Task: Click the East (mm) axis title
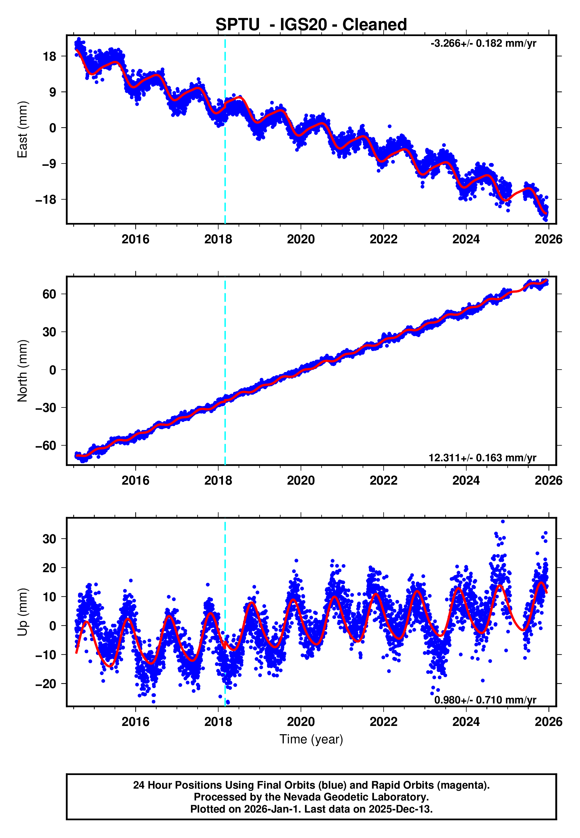pos(22,129)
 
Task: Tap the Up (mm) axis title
pos(22,612)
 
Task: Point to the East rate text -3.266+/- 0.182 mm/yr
pos(483,43)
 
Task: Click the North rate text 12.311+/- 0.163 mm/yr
pos(482,458)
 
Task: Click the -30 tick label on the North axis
pos(46,408)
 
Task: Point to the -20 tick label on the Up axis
pos(46,684)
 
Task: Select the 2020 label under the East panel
pos(301,240)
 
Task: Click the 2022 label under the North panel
pos(383,481)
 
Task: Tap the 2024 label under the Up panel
pos(466,722)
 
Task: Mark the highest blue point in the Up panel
pos(503,521)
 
